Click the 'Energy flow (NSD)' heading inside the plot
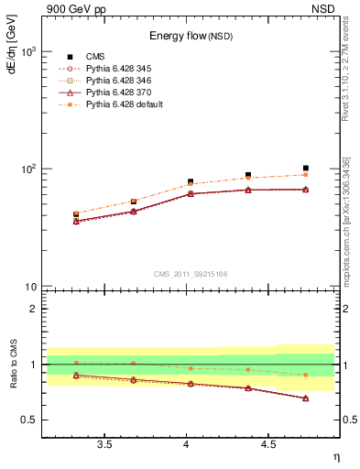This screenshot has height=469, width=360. [x=191, y=36]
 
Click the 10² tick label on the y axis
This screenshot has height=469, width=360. [x=29, y=169]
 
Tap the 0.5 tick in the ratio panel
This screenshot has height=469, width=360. [x=30, y=420]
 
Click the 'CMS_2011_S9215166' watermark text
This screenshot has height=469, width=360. [x=191, y=274]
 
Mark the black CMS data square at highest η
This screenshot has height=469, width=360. [x=305, y=169]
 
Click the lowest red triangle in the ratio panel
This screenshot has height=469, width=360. [x=305, y=398]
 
